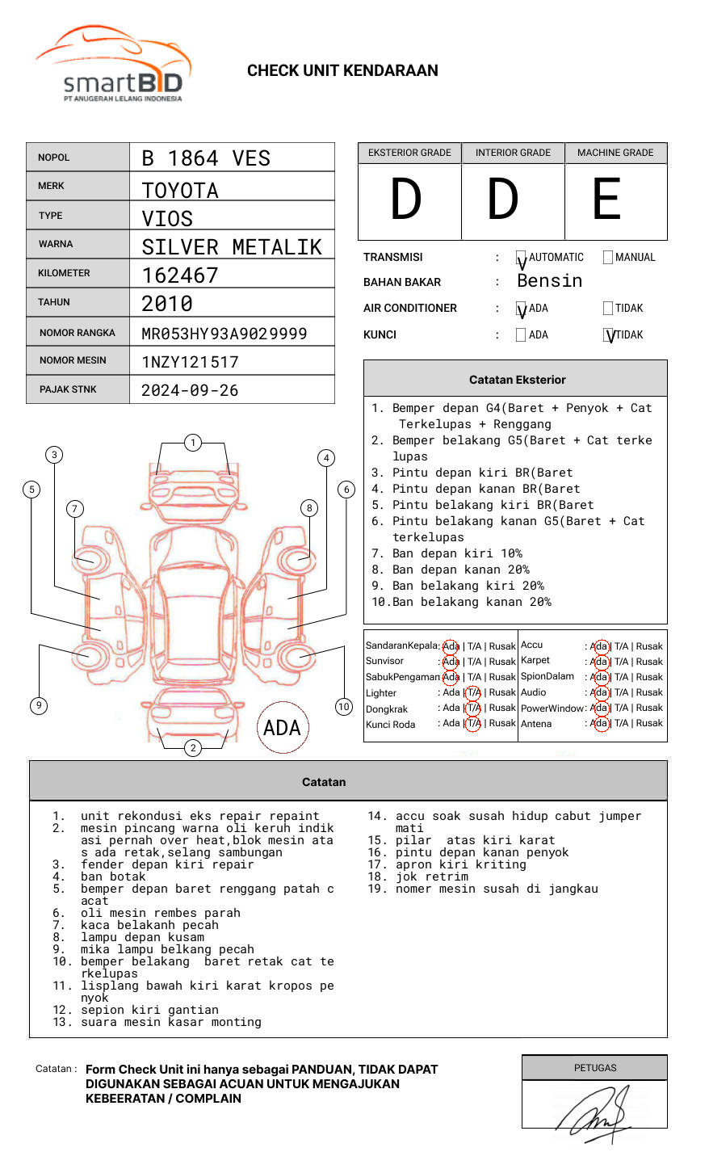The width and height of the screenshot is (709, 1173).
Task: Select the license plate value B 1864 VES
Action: [206, 158]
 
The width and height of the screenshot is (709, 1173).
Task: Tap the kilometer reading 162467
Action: [180, 275]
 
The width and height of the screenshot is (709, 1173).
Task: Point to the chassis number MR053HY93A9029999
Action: [224, 334]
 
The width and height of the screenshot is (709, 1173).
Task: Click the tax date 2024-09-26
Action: [190, 390]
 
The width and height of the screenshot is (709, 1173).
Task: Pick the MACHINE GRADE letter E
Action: [607, 200]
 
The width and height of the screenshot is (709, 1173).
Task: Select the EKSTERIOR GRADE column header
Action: [409, 153]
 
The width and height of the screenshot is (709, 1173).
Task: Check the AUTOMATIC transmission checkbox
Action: [521, 258]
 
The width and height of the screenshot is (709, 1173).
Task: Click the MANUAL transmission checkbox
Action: [608, 258]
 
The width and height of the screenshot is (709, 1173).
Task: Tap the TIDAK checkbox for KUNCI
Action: [609, 334]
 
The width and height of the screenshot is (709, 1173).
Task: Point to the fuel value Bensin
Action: [549, 281]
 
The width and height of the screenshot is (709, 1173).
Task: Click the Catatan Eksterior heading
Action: [517, 380]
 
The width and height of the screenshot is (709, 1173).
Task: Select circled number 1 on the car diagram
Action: [192, 443]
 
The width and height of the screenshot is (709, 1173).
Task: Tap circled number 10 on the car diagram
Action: [344, 707]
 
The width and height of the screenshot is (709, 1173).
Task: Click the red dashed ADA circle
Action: [282, 728]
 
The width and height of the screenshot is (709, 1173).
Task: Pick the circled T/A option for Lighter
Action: [473, 693]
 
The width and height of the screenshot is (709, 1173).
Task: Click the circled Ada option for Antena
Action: [599, 724]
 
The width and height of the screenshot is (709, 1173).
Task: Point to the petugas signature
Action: [594, 1113]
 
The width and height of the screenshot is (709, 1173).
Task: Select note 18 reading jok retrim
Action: [431, 877]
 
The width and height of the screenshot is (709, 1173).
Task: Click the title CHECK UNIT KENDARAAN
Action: [342, 71]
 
